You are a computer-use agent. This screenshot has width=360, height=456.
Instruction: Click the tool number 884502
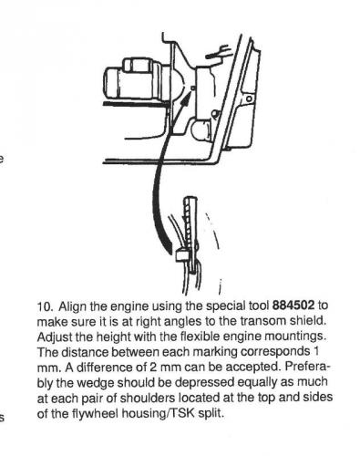tap(293, 306)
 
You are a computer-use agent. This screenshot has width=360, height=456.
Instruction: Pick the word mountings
tap(295, 337)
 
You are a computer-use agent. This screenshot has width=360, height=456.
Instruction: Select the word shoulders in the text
tap(148, 398)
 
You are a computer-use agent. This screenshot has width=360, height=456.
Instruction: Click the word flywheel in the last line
tap(95, 413)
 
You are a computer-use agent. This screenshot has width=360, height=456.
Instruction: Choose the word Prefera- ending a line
tap(307, 367)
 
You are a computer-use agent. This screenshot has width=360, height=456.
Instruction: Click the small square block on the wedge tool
tap(181, 255)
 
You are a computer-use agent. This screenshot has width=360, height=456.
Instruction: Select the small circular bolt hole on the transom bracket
tap(249, 98)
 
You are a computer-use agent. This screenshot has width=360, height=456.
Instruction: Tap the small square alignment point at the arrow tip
tap(192, 88)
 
